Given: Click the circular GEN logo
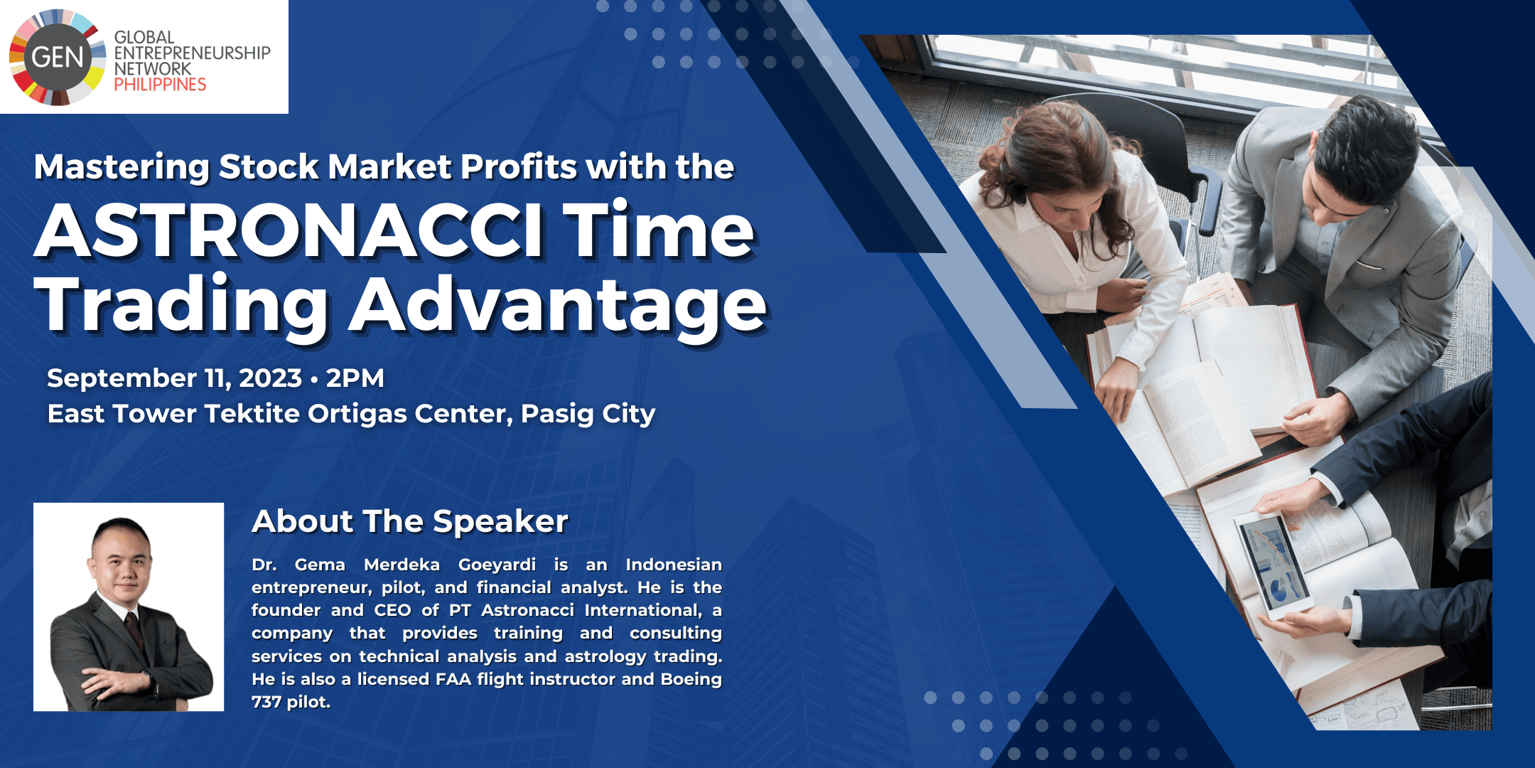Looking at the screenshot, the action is [x=57, y=57].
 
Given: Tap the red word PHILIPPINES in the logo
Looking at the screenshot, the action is [x=160, y=85].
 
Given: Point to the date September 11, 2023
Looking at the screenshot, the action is [x=175, y=378].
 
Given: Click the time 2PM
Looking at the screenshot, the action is [x=355, y=378].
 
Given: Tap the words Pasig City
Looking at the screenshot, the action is [x=588, y=414].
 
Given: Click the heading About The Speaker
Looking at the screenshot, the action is [x=410, y=521].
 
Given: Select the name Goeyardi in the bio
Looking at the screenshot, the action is [x=497, y=565].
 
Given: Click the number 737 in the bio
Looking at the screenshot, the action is [x=266, y=702].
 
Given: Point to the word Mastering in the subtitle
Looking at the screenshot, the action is [x=122, y=168].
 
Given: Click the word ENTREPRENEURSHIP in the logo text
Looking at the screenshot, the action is [x=192, y=53].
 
